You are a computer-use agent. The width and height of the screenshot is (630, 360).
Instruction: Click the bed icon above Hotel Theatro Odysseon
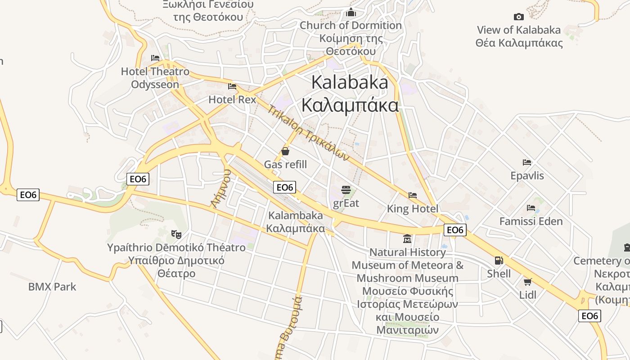click(x=155, y=58)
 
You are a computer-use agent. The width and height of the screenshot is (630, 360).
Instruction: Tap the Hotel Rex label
click(x=232, y=99)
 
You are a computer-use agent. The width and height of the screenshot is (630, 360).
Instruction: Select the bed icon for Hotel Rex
click(x=232, y=86)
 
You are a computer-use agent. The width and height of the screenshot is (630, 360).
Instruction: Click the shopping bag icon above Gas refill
click(x=285, y=151)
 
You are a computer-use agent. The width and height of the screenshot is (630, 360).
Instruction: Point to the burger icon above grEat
click(x=346, y=189)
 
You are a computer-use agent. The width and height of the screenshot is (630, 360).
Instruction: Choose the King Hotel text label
click(x=412, y=209)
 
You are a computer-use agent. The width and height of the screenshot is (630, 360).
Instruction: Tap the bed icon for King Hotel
click(x=413, y=195)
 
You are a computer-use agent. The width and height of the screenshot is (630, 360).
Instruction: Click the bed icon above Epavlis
click(x=527, y=162)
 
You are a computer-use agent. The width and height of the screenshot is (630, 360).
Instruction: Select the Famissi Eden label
click(x=531, y=221)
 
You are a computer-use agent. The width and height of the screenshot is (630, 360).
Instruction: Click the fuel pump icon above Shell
click(x=499, y=260)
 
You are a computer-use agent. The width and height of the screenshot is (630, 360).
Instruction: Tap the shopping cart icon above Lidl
click(x=527, y=282)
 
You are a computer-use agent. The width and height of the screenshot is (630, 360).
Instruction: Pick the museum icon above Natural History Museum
click(x=407, y=238)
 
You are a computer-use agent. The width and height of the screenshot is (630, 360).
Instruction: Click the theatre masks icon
click(x=176, y=234)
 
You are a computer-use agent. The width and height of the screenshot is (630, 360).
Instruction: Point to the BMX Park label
click(x=52, y=287)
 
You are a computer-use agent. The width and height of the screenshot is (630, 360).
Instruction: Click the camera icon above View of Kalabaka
click(x=519, y=17)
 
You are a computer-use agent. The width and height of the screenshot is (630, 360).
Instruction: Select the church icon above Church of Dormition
click(x=351, y=13)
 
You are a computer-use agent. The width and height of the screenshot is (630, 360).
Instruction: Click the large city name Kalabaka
click(x=350, y=82)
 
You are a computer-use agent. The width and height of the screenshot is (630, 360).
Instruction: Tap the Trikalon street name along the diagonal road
click(x=308, y=133)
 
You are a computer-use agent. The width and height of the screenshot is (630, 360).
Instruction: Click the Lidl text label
click(x=527, y=295)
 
